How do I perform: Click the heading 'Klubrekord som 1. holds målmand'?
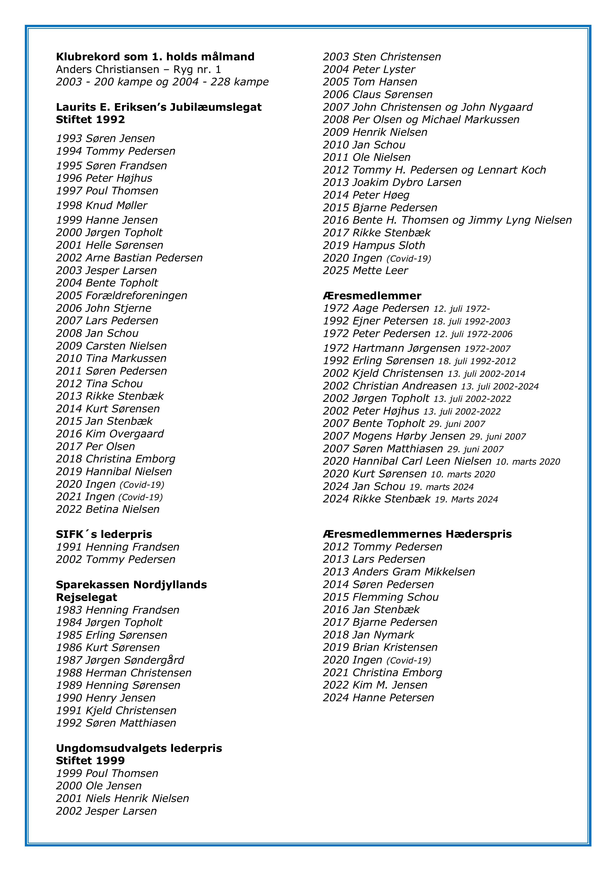click(155, 57)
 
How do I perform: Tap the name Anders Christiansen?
click(108, 70)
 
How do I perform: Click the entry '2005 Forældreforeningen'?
click(121, 296)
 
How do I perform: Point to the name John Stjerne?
click(118, 308)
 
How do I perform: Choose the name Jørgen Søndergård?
click(135, 660)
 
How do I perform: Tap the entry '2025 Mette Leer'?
click(365, 271)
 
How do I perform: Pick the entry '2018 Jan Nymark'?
click(368, 635)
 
